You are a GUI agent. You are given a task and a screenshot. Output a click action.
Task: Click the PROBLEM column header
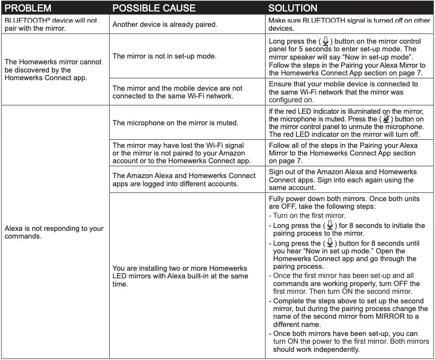coord(28,8)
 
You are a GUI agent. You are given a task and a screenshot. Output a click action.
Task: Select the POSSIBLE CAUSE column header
coord(153,8)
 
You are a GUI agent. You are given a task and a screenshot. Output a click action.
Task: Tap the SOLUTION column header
coord(293,8)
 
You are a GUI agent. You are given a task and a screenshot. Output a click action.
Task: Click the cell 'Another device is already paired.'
coord(165,24)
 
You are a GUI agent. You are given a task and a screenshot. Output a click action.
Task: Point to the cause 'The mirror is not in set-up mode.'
coord(165,56)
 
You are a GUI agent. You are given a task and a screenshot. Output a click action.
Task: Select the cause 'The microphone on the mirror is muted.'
coord(175,123)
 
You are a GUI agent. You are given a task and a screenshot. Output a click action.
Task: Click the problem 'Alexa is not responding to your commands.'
coord(54,232)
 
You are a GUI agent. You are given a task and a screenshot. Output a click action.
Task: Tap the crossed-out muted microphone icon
coord(386,119)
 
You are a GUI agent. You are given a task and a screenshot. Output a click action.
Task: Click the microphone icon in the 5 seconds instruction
coord(326,41)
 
